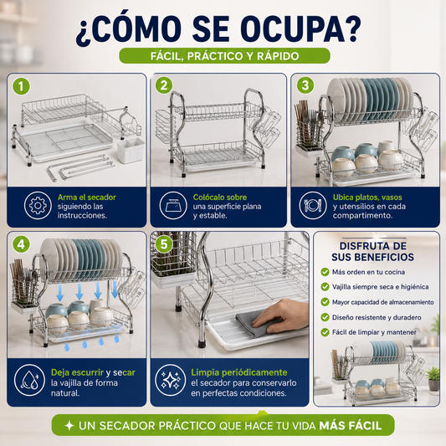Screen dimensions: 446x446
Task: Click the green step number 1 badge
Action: point(21,86)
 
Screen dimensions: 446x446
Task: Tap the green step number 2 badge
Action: point(164,85)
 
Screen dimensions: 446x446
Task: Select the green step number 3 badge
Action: point(305,85)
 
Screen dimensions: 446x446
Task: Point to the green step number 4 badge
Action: point(21,244)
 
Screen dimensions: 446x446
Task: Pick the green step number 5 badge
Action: point(164,244)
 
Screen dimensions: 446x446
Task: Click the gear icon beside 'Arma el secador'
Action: point(38,205)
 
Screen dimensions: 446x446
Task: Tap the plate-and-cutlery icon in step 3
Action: point(313,205)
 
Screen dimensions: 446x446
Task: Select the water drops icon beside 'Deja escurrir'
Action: point(29,380)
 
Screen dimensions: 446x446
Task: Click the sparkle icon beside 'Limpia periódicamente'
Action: point(171,380)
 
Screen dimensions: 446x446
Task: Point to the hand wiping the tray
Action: point(282,316)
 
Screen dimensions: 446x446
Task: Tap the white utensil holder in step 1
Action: point(131,150)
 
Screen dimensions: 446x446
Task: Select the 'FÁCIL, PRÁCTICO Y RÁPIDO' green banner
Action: point(224,56)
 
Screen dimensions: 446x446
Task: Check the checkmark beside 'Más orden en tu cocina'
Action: point(325,272)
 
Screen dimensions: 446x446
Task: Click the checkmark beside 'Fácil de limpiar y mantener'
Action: point(325,332)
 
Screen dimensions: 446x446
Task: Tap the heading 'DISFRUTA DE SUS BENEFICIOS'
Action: point(372,251)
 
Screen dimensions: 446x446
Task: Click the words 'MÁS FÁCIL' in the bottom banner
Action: point(350,426)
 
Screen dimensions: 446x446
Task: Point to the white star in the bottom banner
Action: point(69,426)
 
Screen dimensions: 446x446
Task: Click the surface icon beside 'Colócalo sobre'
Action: point(173,205)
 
